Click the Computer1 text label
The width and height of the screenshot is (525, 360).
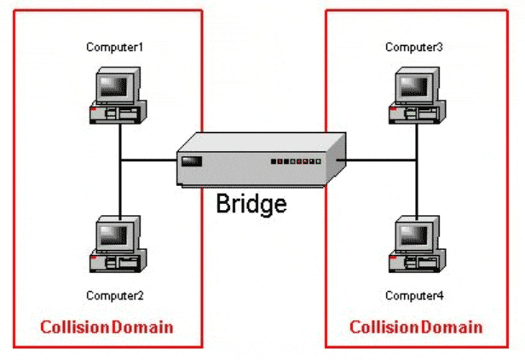pyautogui.click(x=114, y=47)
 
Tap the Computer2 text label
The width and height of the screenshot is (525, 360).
pyautogui.click(x=114, y=296)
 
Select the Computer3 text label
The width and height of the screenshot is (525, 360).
pyautogui.click(x=414, y=47)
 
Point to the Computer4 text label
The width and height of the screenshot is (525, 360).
pyautogui.click(x=414, y=296)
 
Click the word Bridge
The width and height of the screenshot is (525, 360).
pyautogui.click(x=251, y=205)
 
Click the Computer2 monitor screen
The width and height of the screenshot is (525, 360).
pyautogui.click(x=114, y=232)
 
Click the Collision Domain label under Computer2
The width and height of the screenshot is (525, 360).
pyautogui.click(x=107, y=327)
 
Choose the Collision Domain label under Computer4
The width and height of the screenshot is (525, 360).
pyautogui.click(x=417, y=327)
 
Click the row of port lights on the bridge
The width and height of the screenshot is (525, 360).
pyautogui.click(x=297, y=160)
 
